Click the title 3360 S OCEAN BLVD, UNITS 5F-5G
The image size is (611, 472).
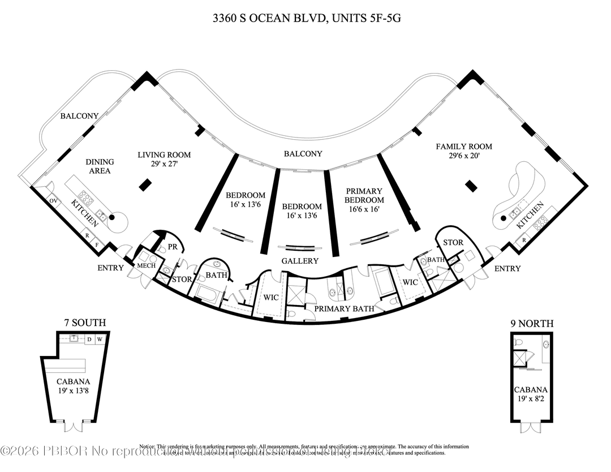[306, 19]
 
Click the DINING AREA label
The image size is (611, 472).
[99, 166]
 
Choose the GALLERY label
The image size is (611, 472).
[300, 261]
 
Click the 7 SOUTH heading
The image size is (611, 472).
[84, 323]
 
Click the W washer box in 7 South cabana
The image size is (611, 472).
[99, 340]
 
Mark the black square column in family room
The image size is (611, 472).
[469, 184]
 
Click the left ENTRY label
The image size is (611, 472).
[110, 268]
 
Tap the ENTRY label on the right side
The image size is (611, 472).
[507, 268]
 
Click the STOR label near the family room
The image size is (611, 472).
[453, 243]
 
